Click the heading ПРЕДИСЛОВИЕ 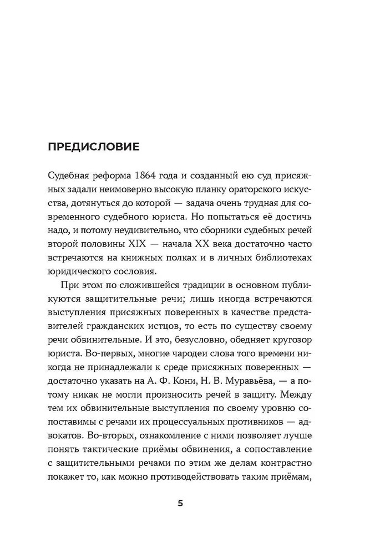coord(94,148)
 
